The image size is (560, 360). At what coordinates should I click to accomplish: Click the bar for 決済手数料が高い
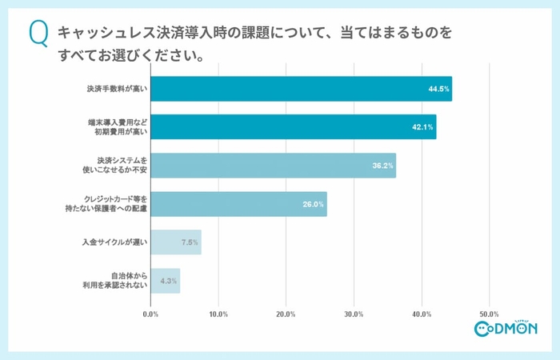[301, 89]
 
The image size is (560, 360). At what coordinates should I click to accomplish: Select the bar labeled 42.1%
[293, 127]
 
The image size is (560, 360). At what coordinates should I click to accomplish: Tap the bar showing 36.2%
[273, 166]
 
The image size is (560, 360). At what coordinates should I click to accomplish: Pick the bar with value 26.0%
[238, 204]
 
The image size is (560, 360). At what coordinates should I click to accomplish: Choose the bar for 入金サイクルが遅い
[175, 242]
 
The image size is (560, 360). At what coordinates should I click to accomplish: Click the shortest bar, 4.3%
[165, 281]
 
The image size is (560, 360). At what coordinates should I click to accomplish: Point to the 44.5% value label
[437, 89]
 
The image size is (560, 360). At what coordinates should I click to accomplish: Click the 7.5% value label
[190, 242]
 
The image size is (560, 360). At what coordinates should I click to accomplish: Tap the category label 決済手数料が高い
[117, 89]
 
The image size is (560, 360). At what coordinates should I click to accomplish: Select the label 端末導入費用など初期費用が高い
[117, 127]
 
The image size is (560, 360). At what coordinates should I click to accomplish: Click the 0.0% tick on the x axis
[150, 314]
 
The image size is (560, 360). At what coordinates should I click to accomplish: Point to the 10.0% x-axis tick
[218, 314]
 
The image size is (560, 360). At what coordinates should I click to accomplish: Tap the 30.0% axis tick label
[353, 314]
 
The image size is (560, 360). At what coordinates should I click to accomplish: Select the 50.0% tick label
[489, 314]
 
